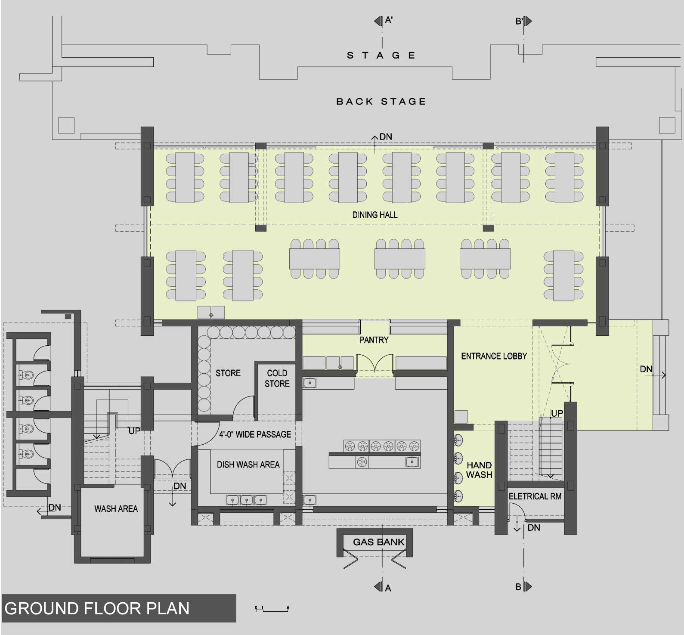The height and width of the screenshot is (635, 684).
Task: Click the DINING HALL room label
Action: [x=374, y=215]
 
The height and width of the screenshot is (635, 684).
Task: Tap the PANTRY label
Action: [x=374, y=340]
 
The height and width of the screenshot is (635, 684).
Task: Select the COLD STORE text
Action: [x=277, y=378]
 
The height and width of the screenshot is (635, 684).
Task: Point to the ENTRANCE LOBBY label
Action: [x=494, y=356]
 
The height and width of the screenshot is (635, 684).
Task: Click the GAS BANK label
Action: [x=379, y=542]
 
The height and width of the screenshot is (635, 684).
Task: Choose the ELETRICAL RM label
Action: [x=535, y=496]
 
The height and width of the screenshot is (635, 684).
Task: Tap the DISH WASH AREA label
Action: [x=248, y=465]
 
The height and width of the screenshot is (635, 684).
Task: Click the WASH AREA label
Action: [x=116, y=509]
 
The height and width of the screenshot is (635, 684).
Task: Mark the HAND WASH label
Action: [x=479, y=470]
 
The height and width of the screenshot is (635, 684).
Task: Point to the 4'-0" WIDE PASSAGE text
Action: [x=255, y=434]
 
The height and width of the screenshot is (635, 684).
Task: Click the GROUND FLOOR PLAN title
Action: [x=97, y=608]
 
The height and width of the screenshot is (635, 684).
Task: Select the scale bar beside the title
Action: [x=272, y=609]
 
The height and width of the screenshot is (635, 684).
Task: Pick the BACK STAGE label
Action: [x=381, y=102]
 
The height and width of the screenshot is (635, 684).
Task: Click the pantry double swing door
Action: [x=374, y=363]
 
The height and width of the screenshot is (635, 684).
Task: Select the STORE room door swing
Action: [x=243, y=407]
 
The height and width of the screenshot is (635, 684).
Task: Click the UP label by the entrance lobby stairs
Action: [x=557, y=413]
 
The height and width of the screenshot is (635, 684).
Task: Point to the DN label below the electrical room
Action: [x=534, y=528]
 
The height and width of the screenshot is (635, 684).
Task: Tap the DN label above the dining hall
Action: [x=386, y=137]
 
